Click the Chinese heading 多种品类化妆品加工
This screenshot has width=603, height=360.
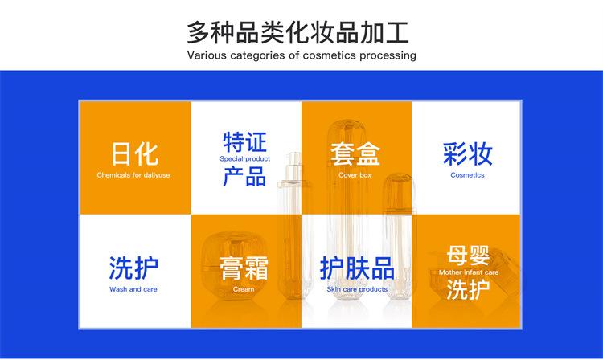[297, 33]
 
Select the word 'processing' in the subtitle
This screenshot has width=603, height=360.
[388, 55]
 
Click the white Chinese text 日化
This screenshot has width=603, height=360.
[134, 154]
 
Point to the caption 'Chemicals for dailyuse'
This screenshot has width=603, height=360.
[133, 175]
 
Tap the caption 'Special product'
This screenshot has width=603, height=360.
[245, 158]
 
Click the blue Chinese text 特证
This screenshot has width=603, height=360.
[245, 142]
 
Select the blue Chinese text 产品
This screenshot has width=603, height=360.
[245, 176]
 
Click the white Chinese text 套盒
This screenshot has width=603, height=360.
[355, 154]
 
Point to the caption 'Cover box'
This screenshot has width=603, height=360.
[355, 175]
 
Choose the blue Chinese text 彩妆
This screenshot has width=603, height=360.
[468, 153]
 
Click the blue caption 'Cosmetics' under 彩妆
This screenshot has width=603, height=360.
[467, 175]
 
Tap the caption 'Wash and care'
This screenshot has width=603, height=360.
[133, 289]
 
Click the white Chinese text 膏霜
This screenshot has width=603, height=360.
[244, 268]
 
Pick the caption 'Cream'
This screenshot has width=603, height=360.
[244, 289]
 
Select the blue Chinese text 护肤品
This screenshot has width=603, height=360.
[357, 268]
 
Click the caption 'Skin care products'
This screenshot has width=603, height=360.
[357, 289]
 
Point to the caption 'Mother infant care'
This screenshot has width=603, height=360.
[469, 272]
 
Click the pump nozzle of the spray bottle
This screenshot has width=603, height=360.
[293, 158]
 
